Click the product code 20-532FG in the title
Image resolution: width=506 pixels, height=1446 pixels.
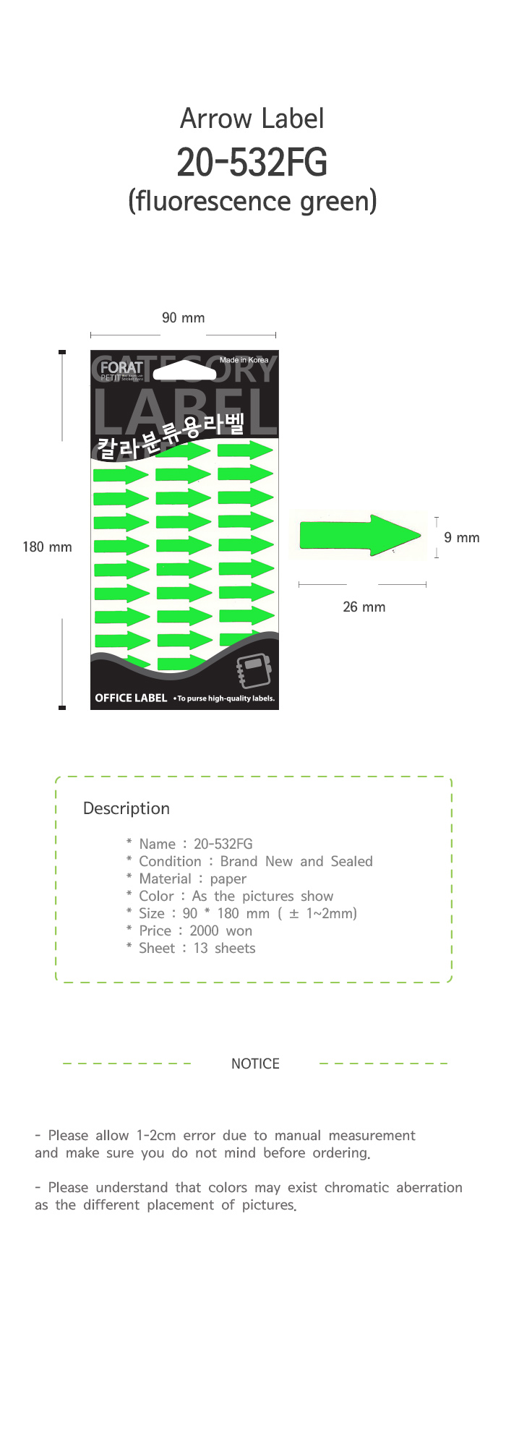pyautogui.click(x=252, y=163)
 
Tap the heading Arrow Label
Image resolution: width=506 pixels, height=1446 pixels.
pyautogui.click(x=252, y=119)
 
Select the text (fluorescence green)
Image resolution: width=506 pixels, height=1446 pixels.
pyautogui.click(x=252, y=201)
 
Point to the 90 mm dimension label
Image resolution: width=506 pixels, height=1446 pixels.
pyautogui.click(x=183, y=318)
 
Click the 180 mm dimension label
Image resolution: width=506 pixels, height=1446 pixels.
pyautogui.click(x=47, y=547)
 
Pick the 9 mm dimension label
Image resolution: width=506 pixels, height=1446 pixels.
pyautogui.click(x=461, y=538)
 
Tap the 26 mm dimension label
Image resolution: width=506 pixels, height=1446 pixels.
pyautogui.click(x=364, y=607)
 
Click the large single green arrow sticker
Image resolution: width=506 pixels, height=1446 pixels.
pyautogui.click(x=359, y=536)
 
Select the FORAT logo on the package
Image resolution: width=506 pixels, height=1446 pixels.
pyautogui.click(x=121, y=368)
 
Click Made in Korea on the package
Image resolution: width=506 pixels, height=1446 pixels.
pyautogui.click(x=244, y=360)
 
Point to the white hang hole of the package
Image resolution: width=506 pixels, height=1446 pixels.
pyautogui.click(x=185, y=369)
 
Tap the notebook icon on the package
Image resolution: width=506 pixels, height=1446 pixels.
pyautogui.click(x=254, y=671)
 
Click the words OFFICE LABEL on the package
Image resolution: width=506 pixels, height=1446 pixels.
pyautogui.click(x=131, y=698)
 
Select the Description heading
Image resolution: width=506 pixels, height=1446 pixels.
pyautogui.click(x=126, y=809)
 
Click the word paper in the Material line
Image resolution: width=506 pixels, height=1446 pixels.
pyautogui.click(x=228, y=879)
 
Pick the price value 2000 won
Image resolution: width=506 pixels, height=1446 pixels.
pyautogui.click(x=220, y=931)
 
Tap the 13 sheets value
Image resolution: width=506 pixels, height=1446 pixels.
pyautogui.click(x=224, y=949)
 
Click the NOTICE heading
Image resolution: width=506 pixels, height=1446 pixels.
pyautogui.click(x=255, y=1064)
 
